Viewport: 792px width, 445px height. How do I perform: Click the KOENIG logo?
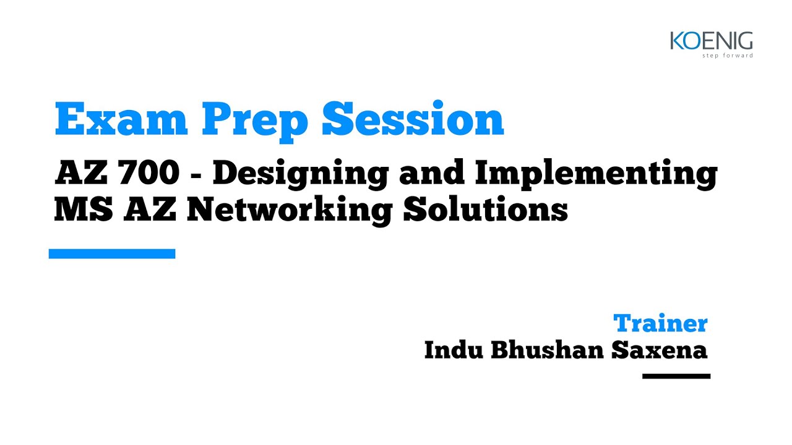pos(712,44)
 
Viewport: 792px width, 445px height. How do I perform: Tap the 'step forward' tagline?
pos(727,56)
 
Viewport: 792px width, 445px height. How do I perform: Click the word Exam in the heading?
pos(121,119)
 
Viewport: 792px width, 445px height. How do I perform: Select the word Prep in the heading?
pos(255,122)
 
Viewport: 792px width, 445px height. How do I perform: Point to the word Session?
pos(413,118)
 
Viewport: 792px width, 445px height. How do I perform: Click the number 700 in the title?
pos(149,172)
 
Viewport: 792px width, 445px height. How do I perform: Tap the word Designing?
pos(301,174)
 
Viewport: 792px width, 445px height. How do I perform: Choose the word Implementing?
pos(596,174)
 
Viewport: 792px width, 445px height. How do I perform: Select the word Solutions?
pos(486,208)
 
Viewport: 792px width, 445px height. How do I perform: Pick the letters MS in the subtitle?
pos(84,209)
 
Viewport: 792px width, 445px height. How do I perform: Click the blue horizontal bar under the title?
pos(112,253)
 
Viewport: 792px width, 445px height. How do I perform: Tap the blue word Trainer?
pos(660,323)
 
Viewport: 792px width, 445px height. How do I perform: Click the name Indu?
pos(454,350)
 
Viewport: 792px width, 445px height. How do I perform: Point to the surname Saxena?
pos(660,350)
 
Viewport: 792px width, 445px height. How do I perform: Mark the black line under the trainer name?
pos(676,376)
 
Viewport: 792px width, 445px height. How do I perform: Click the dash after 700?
pos(196,174)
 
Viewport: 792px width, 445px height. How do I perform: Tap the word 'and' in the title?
pos(432,172)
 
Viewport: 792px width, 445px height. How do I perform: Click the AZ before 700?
pos(81,172)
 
